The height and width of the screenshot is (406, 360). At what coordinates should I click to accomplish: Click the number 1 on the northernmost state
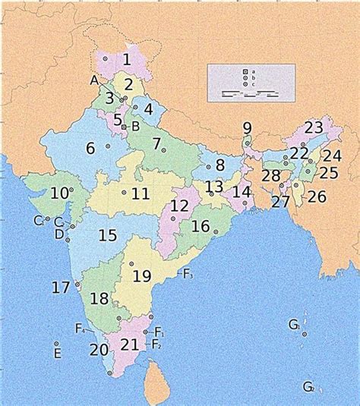[127, 58]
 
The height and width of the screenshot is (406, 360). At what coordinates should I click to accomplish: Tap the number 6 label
[90, 149]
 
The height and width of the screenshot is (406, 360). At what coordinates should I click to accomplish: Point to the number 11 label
[140, 194]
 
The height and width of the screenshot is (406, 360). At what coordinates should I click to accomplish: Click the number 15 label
[107, 235]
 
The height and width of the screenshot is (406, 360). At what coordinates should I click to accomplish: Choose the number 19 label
[142, 275]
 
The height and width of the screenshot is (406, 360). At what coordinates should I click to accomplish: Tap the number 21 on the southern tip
[130, 345]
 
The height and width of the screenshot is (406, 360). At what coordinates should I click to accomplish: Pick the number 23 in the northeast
[314, 127]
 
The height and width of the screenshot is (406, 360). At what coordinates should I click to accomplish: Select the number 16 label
[201, 226]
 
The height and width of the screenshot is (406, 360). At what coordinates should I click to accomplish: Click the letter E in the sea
[56, 354]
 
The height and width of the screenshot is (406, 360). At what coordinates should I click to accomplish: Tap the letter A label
[94, 80]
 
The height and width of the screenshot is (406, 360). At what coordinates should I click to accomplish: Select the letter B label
[135, 126]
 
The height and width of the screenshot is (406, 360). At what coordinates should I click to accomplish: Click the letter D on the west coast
[59, 234]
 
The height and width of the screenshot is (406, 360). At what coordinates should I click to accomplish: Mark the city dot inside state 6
[108, 145]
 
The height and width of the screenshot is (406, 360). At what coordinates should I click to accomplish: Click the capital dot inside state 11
[124, 193]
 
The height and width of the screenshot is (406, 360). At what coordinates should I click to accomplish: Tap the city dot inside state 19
[131, 263]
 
